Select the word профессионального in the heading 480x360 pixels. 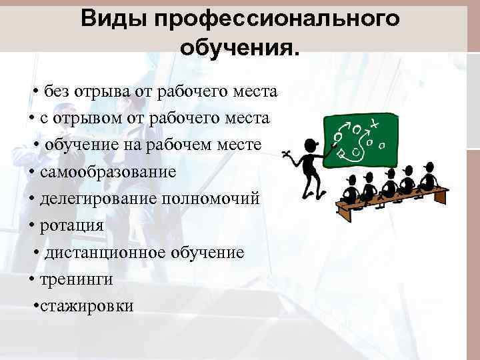coord(277,19)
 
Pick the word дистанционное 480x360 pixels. coord(97,253)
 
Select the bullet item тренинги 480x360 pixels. coord(76,279)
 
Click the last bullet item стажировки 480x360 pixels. coord(87,306)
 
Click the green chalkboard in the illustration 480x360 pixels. coord(360,139)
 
